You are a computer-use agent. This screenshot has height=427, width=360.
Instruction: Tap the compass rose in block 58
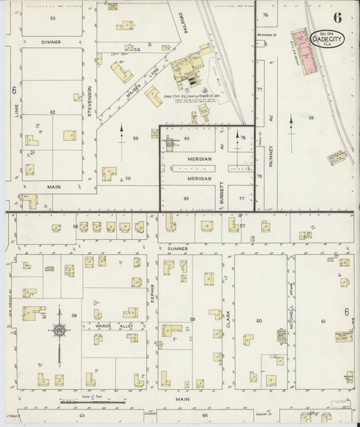tap(59, 330)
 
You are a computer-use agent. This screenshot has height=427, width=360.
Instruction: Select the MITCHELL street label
tap(291, 316)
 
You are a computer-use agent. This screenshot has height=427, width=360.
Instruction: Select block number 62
tap(52, 111)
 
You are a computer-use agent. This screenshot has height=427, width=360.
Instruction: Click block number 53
tap(52, 18)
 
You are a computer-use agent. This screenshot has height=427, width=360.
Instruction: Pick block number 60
tap(258, 320)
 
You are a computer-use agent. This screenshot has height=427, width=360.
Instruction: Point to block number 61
tap(323, 320)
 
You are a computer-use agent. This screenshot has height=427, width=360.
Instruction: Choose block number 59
tap(192, 319)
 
